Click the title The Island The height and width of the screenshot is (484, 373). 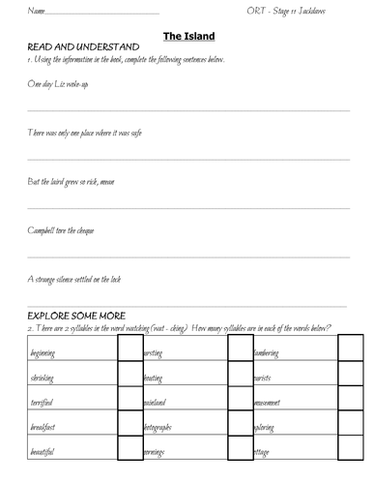coord(188,36)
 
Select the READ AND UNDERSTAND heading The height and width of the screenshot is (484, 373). coord(84,47)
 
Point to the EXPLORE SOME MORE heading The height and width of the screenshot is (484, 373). coord(83,316)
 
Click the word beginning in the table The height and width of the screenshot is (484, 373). coord(44,354)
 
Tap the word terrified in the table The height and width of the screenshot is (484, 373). coord(42,402)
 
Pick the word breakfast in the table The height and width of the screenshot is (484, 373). coord(43,427)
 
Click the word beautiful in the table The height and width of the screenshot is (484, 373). coord(43,451)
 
